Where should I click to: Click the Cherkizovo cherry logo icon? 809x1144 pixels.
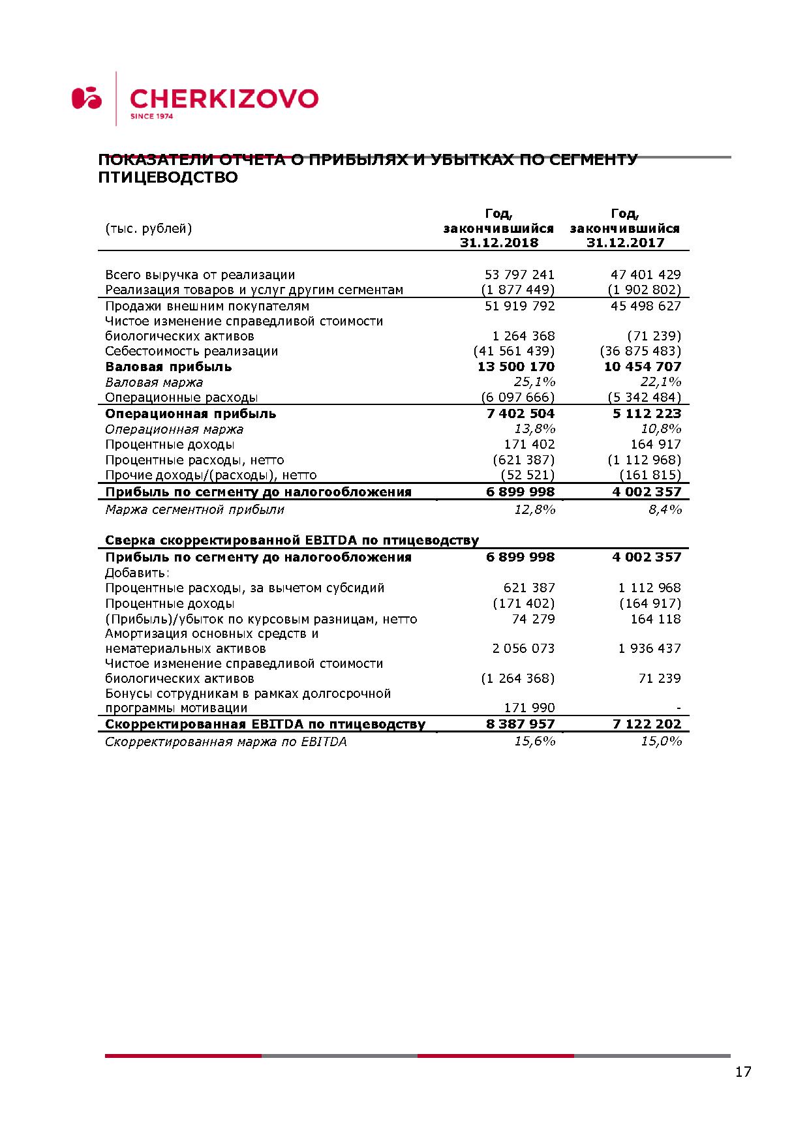coord(87,98)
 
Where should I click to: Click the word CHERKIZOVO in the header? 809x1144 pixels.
coord(224,98)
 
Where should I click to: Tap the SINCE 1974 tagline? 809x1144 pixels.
coord(152,117)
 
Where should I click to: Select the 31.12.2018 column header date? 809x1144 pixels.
coord(499,243)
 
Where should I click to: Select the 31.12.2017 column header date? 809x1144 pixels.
coord(625,243)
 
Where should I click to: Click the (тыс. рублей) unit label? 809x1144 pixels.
coord(149,228)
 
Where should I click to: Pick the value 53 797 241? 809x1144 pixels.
coord(519,275)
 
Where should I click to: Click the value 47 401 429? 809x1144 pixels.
coord(645,275)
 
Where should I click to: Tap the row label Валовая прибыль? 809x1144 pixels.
coord(168,367)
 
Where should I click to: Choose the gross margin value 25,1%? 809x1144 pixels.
coord(534,382)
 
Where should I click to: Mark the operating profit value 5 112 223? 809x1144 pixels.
coord(646,414)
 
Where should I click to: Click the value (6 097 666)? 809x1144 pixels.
coord(518,397)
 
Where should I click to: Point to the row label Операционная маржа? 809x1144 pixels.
coord(174,429)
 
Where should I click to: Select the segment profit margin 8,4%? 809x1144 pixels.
coord(665,509)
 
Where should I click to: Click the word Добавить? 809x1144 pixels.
coord(137,573)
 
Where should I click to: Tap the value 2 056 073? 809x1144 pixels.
coord(523,648)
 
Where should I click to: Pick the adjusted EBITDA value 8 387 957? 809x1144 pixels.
coord(520,724)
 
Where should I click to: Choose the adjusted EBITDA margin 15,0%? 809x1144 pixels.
coord(661,742)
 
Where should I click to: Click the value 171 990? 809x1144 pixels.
coord(529,708)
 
